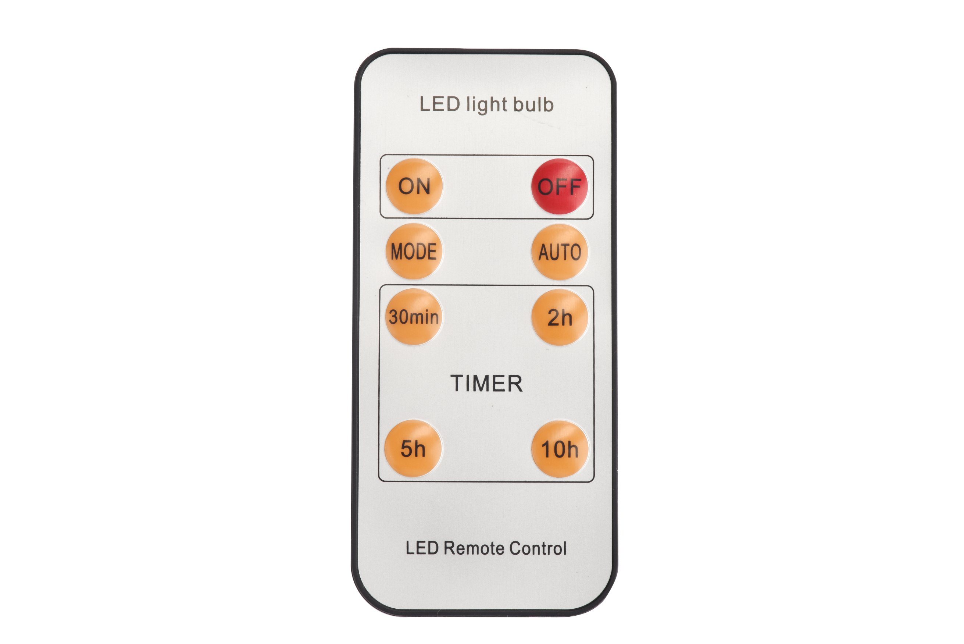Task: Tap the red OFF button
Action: pos(559,186)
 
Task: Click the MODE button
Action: pos(414,251)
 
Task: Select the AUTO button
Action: pos(560,252)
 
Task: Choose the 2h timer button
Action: pos(560,317)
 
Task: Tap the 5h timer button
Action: pos(413,448)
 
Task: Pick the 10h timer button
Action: pos(560,449)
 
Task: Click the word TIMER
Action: pos(486,384)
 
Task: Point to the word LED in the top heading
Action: pos(440,104)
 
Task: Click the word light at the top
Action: pos(487,106)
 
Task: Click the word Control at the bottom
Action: pos(538,548)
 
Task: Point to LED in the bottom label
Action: pos(422,548)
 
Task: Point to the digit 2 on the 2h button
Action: pos(554,317)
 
